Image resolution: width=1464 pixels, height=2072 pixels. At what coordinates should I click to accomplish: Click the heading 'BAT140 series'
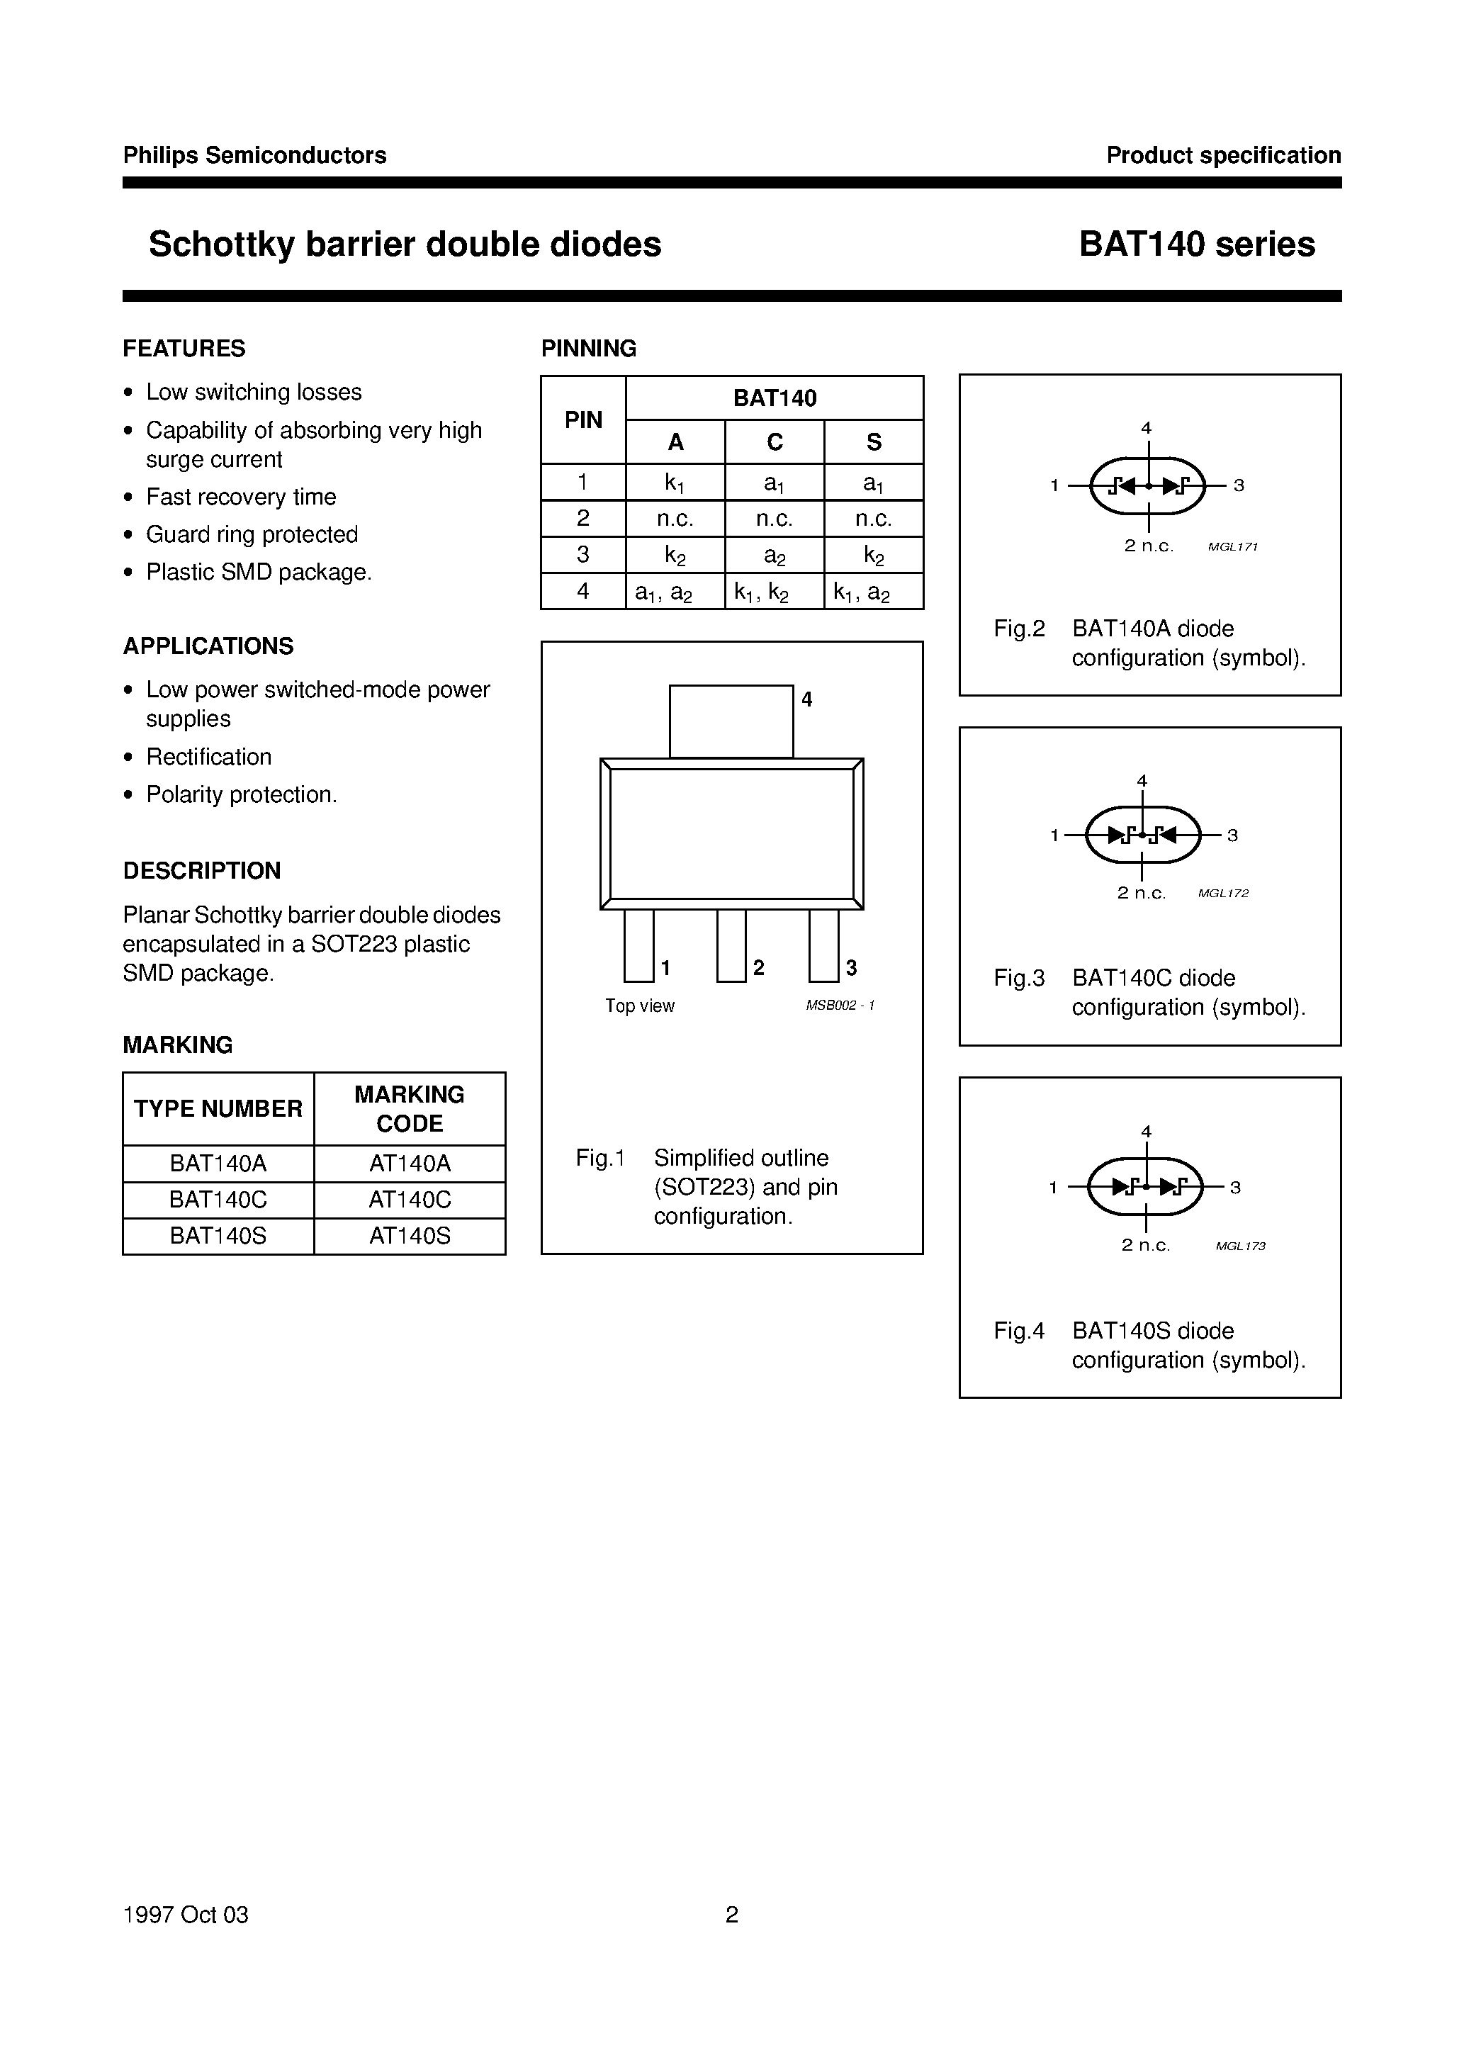click(x=1196, y=244)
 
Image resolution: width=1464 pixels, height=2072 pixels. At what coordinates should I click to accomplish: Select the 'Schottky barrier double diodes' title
click(x=405, y=244)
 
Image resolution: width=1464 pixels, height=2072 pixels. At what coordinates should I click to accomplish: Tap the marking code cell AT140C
click(x=409, y=1200)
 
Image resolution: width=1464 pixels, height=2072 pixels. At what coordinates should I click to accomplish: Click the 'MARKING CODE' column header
click(x=409, y=1108)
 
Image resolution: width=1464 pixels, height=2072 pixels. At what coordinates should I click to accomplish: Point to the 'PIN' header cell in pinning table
click(x=583, y=420)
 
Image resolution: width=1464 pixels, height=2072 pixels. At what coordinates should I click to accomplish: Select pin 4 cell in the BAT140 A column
click(x=675, y=592)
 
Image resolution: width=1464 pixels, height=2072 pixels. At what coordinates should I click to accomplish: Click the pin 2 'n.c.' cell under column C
click(x=774, y=519)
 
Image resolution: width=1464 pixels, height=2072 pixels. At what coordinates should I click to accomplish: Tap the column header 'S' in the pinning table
click(x=873, y=442)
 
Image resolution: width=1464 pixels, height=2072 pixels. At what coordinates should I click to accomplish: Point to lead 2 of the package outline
click(x=731, y=945)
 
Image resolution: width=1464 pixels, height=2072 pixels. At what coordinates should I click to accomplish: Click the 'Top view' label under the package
click(x=639, y=1006)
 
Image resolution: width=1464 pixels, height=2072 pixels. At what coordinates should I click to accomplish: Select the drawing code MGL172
click(x=1223, y=894)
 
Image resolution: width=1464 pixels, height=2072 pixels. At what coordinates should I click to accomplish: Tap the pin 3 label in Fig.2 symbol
click(x=1239, y=485)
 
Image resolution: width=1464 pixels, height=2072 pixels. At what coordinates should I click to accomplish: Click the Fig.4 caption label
click(x=1019, y=1330)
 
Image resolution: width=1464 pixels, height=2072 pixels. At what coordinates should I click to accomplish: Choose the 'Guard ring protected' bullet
click(x=252, y=534)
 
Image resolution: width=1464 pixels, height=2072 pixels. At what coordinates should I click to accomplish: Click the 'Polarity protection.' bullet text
click(x=241, y=794)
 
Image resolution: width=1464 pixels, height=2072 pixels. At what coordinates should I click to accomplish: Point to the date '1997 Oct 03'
click(x=185, y=1914)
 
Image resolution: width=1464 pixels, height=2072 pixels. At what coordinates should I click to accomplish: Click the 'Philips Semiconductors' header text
click(x=254, y=155)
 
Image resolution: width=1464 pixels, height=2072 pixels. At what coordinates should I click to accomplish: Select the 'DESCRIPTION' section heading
click(x=201, y=871)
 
